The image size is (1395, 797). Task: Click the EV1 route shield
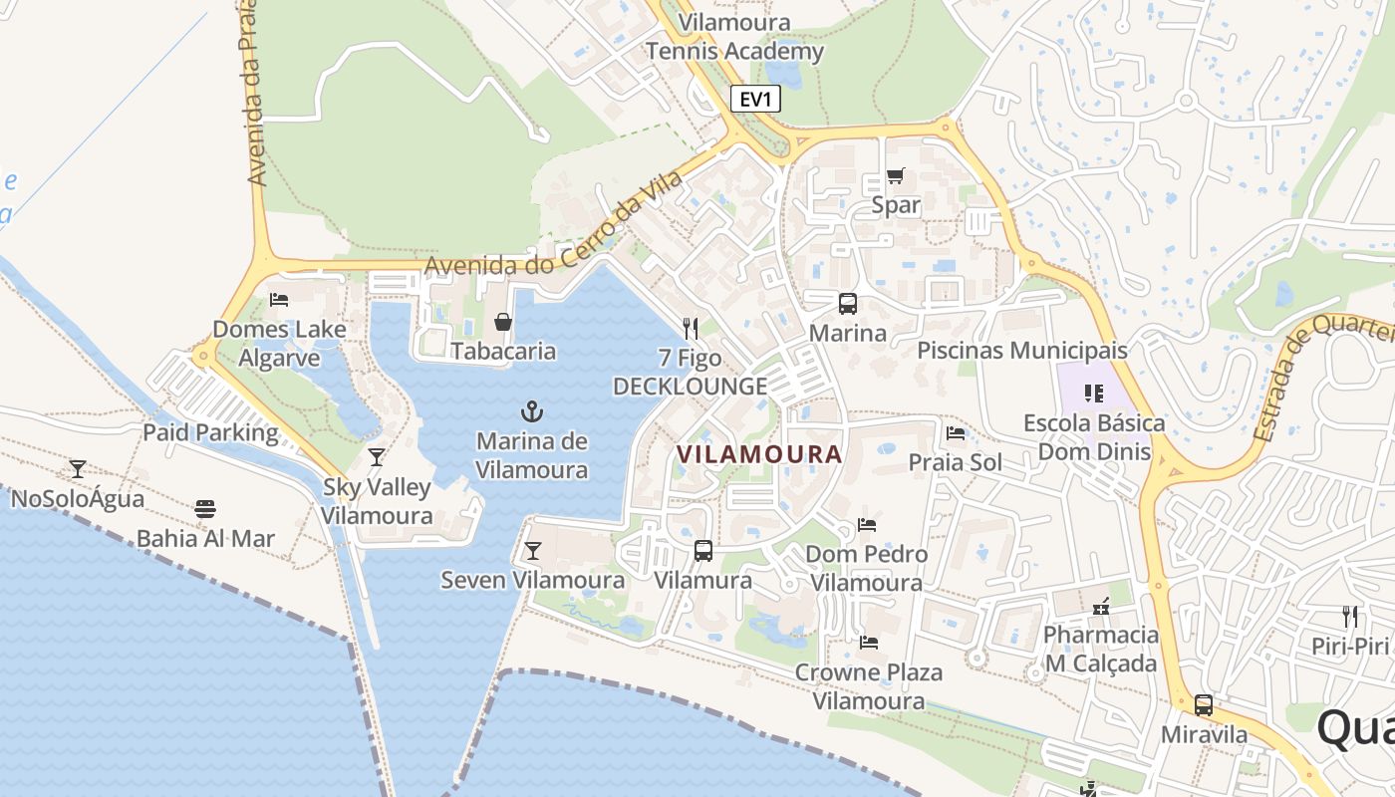coord(755,100)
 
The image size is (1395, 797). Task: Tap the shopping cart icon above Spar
coord(895,176)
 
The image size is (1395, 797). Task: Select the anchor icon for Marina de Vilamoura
coord(532,411)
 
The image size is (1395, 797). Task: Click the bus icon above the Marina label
coord(847,304)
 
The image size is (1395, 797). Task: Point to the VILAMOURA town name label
coord(759,454)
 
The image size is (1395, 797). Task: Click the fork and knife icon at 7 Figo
coord(690,328)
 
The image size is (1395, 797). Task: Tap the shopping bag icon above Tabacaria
coord(503,322)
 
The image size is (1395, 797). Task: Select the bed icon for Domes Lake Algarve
coord(279,299)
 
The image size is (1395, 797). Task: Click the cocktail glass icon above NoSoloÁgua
coord(77,468)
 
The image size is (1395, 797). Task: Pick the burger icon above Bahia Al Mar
coord(205,509)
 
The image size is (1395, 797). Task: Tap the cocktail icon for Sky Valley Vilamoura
coord(376,457)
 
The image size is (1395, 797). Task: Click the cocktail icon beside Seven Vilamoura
coord(533,550)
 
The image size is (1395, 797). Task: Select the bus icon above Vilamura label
coord(702,550)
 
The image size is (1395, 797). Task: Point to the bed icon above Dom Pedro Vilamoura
coord(867,524)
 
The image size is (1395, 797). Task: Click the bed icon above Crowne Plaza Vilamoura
coord(868,643)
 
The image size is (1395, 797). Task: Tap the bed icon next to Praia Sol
coord(956,433)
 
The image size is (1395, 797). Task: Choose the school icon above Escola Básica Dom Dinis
coord(1094,394)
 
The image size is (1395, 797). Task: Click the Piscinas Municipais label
coord(1021,351)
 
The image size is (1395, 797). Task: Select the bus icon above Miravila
coord(1204,705)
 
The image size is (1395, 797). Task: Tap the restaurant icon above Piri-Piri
coord(1350,616)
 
